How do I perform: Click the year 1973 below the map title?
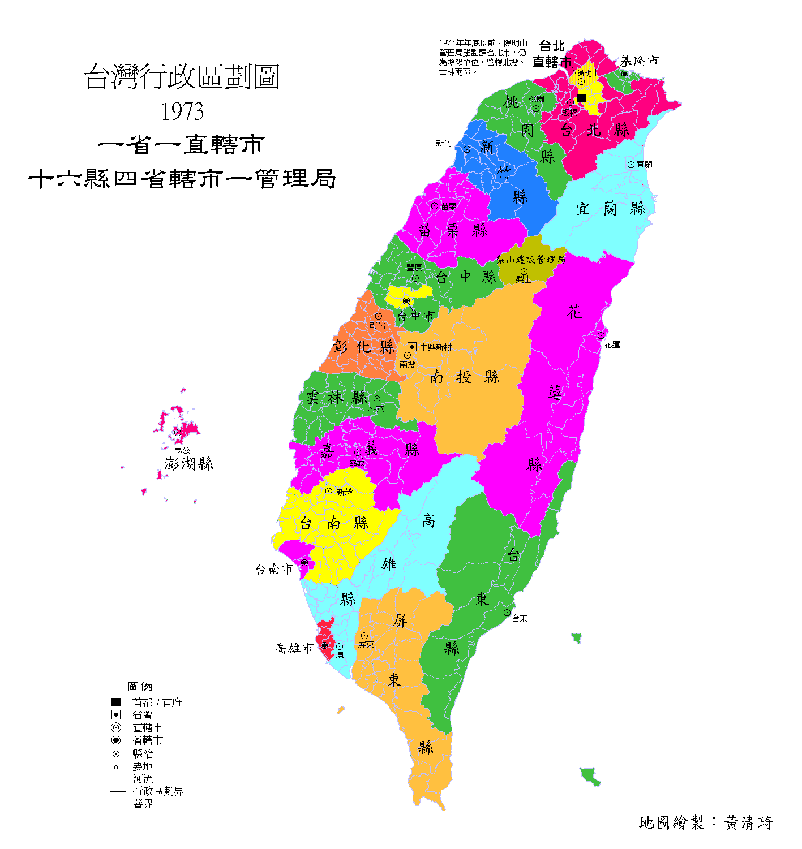tap(182, 111)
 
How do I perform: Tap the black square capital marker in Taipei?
tap(581, 98)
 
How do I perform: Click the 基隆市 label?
tap(640, 61)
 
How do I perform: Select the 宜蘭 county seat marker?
tap(631, 165)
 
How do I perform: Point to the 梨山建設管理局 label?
tap(530, 260)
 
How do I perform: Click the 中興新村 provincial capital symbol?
tap(412, 347)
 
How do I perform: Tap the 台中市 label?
tap(415, 316)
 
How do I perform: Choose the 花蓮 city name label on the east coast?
tap(612, 344)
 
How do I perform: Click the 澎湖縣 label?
tap(188, 464)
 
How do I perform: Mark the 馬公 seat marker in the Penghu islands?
tap(178, 433)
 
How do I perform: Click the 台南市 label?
tap(274, 569)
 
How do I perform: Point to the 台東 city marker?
tap(507, 613)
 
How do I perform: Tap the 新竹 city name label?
tap(444, 144)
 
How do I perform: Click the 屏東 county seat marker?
tap(364, 636)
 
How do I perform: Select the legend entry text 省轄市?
tap(148, 740)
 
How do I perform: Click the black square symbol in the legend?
tap(116, 702)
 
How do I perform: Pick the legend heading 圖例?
tap(140, 687)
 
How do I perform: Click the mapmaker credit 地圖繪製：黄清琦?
tap(705, 822)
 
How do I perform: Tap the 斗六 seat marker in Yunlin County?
tap(376, 399)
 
